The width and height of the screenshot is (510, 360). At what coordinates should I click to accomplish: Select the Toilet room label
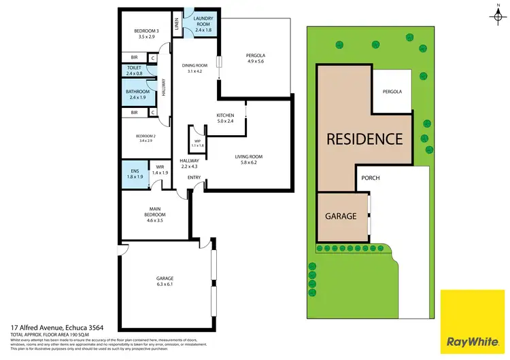coord(134,70)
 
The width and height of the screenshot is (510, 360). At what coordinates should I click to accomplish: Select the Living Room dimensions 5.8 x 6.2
coord(248,163)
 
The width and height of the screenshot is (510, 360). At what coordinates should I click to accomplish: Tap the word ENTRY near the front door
coord(194,178)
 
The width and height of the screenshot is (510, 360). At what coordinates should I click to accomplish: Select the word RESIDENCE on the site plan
coord(364,139)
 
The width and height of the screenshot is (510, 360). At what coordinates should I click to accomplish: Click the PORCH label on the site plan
coord(371,179)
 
